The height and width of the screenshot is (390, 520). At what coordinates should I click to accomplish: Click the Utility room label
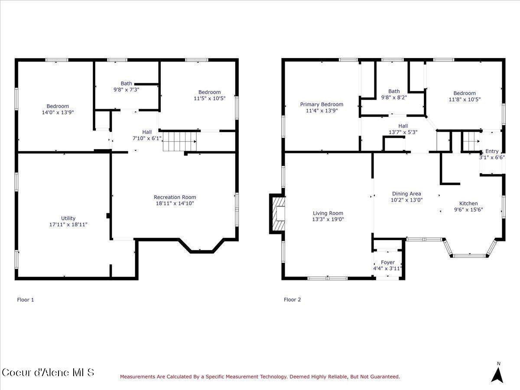point(68,218)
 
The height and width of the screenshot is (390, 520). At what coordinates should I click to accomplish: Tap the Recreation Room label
point(175,197)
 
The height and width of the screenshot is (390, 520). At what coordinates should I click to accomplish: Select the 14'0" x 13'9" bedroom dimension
point(58,112)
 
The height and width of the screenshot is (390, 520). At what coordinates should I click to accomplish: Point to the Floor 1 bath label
point(126,83)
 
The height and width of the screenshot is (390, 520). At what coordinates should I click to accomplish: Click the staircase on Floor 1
point(180,141)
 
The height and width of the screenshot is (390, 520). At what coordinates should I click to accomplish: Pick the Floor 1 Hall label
point(147,132)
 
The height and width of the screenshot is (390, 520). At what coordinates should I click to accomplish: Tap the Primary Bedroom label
point(322,104)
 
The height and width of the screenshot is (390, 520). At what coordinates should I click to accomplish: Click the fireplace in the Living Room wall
point(277,214)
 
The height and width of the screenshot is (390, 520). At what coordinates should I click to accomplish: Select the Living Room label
point(328,213)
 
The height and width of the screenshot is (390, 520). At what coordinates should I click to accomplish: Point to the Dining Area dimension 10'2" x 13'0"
point(406,200)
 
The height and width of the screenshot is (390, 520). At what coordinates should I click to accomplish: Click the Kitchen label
point(468,203)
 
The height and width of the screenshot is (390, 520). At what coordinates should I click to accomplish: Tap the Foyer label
point(388,262)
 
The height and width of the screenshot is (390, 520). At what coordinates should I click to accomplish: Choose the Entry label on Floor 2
point(492,151)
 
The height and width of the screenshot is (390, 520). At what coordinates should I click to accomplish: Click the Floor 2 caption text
point(292,299)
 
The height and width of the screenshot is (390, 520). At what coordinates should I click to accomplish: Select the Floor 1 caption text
point(25,300)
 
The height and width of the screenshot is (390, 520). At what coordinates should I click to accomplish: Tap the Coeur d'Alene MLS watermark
point(48,372)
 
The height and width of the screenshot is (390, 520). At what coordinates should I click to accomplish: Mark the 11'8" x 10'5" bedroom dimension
point(465,100)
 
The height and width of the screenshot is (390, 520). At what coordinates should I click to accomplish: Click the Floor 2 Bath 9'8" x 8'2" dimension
point(394,97)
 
